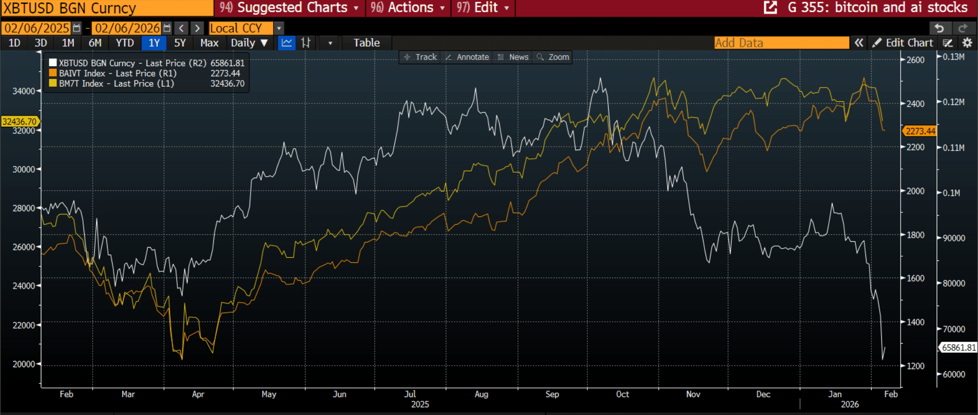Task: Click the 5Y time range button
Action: pos(180,43)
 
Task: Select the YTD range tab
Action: pos(125,43)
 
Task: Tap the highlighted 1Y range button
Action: pos(154,43)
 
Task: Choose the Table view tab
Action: pos(367,43)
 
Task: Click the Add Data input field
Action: pos(781,43)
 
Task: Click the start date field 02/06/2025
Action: pos(37,28)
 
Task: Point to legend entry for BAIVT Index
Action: pos(118,73)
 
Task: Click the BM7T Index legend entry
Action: pos(116,84)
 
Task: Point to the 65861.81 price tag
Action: pos(958,347)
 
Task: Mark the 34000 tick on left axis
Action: pos(23,91)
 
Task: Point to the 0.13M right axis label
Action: pos(954,57)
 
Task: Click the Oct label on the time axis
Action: pos(622,394)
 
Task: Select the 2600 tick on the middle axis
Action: pos(915,60)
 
